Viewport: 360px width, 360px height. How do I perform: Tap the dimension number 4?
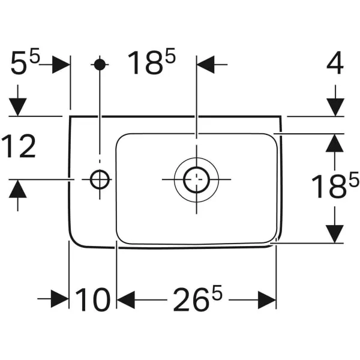[x=334, y=64]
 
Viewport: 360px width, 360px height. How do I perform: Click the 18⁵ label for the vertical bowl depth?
[x=334, y=187]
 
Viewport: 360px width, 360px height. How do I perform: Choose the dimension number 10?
[x=92, y=299]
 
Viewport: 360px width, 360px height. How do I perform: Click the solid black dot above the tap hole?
[x=100, y=64]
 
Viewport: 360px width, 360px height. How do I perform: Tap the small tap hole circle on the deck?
[x=99, y=178]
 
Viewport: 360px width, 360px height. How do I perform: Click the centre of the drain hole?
[x=196, y=179]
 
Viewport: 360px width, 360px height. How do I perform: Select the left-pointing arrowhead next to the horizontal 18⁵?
[x=206, y=64]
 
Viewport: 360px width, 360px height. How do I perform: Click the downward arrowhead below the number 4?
[x=335, y=106]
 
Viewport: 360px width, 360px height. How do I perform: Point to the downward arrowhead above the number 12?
[x=19, y=106]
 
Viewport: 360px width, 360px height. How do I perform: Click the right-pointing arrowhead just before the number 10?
[x=60, y=299]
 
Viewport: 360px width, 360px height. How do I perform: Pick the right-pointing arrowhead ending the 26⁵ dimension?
[x=268, y=299]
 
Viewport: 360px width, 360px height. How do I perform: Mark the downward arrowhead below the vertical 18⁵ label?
[x=335, y=233]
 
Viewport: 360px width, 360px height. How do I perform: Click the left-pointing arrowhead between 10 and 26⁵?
[x=125, y=299]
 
